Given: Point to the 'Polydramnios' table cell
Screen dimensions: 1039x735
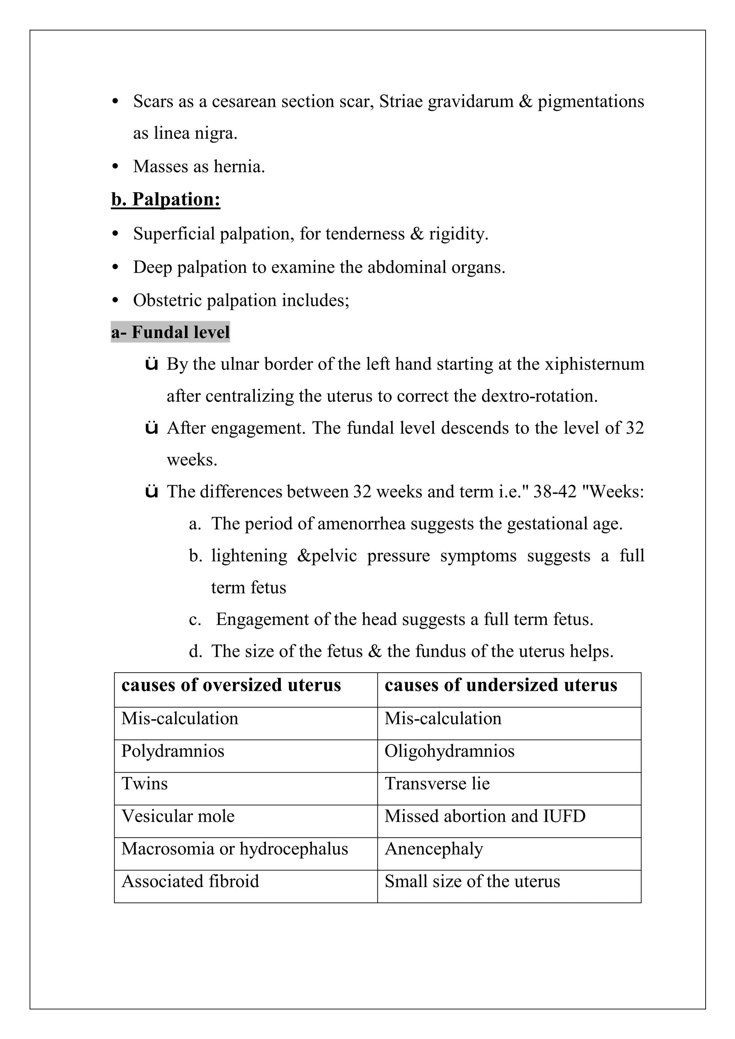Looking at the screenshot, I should (173, 751).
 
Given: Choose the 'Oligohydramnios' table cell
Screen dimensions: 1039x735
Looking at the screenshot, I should (449, 751).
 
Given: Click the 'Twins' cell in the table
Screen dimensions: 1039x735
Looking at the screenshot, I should (145, 784).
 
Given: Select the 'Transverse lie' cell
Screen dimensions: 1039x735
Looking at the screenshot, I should (437, 784).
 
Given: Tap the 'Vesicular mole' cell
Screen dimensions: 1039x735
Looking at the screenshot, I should (178, 816).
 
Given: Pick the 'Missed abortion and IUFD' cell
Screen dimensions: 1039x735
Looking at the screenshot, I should (484, 816).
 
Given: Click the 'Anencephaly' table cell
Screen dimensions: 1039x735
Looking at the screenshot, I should (434, 849).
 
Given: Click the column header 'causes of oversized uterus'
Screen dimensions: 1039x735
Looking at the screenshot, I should (231, 685).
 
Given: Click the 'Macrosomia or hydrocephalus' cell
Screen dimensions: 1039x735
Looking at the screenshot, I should (235, 849).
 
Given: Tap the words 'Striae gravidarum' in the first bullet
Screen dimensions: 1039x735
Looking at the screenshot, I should (446, 102).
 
